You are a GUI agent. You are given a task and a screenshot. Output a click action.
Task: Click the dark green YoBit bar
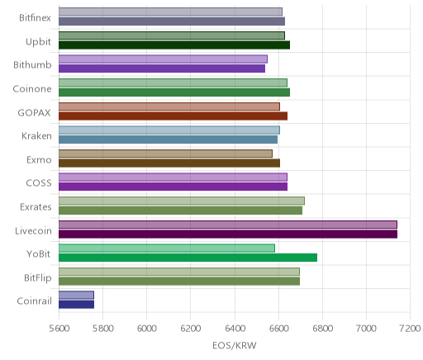pos(188,258)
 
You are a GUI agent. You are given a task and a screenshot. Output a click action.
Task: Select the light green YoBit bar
pos(167,248)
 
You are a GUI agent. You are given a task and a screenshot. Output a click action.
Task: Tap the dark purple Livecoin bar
pos(228,234)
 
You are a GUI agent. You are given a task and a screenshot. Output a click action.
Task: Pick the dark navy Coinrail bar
pos(76,305)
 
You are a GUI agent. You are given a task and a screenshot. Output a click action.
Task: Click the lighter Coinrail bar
pos(76,295)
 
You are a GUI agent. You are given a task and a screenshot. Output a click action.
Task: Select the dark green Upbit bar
pos(174,45)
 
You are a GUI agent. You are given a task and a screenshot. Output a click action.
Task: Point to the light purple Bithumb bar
pos(163,59)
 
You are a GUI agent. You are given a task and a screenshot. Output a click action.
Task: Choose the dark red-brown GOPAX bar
pos(173,116)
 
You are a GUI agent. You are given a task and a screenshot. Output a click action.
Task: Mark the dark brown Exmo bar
pos(169,163)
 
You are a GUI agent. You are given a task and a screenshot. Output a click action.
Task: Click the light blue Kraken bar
pos(169,130)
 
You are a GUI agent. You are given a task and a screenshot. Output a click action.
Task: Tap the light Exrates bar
pos(182,201)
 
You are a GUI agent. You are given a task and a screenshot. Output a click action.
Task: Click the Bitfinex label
pos(35,18)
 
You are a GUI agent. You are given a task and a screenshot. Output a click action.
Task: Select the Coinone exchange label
pos(32,88)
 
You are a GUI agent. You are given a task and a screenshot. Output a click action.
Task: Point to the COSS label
pos(39,183)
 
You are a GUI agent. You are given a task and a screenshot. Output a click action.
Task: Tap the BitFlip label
pos(38,277)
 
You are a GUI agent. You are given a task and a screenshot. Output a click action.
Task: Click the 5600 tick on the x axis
pos(59,329)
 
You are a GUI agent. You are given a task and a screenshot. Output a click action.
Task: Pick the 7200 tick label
pos(411,329)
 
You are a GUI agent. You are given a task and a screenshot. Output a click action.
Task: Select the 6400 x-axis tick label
pos(235,329)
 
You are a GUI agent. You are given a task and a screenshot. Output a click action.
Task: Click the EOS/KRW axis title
pos(235,345)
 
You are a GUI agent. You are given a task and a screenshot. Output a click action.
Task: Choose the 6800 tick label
pos(322,329)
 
